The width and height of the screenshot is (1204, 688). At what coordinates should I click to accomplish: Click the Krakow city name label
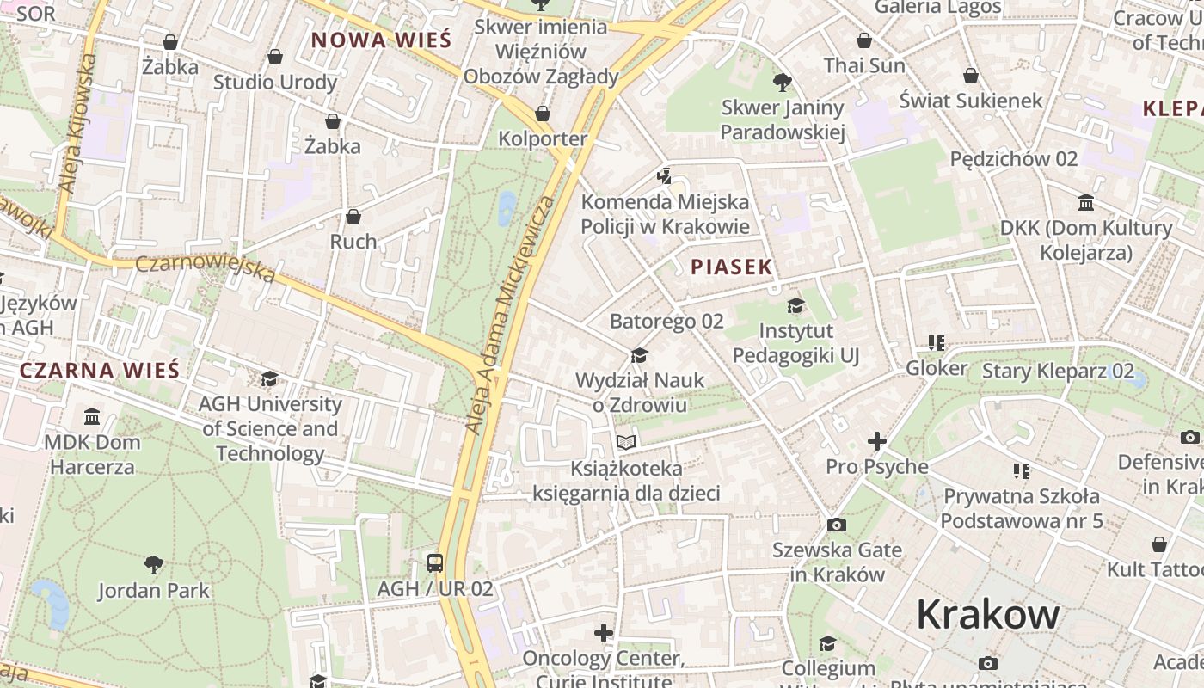pyautogui.click(x=987, y=614)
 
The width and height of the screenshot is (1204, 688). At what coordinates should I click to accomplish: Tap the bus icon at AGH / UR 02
pyautogui.click(x=435, y=563)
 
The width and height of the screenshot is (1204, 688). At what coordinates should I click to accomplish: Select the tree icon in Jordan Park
pyautogui.click(x=154, y=565)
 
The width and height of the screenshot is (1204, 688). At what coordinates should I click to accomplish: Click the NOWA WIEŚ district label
pyautogui.click(x=381, y=40)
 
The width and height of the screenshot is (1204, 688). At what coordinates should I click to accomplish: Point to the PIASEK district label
pyautogui.click(x=731, y=267)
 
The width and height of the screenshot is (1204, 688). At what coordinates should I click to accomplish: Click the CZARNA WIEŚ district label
pyautogui.click(x=100, y=371)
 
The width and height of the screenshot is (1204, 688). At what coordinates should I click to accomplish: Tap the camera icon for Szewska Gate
pyautogui.click(x=836, y=525)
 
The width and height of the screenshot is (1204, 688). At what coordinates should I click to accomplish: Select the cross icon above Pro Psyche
pyautogui.click(x=876, y=441)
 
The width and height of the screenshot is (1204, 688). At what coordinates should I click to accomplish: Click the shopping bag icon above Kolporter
pyautogui.click(x=543, y=114)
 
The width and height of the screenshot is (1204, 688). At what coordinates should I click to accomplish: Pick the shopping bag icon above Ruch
pyautogui.click(x=353, y=217)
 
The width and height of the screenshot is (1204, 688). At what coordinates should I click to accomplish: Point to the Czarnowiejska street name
pyautogui.click(x=206, y=266)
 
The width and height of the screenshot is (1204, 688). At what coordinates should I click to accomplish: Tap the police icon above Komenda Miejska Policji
pyautogui.click(x=664, y=177)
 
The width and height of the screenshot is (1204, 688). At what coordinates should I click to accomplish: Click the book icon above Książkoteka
pyautogui.click(x=626, y=442)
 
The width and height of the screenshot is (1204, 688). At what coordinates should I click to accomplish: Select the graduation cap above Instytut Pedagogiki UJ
pyautogui.click(x=795, y=305)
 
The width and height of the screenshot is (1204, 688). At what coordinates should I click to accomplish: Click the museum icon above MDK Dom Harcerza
pyautogui.click(x=91, y=417)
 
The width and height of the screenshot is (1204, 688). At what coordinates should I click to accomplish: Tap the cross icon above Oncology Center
pyautogui.click(x=604, y=634)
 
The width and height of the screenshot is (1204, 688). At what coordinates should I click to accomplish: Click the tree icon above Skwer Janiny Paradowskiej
pyautogui.click(x=782, y=83)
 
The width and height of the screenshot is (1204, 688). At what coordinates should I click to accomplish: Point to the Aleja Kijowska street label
pyautogui.click(x=76, y=122)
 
